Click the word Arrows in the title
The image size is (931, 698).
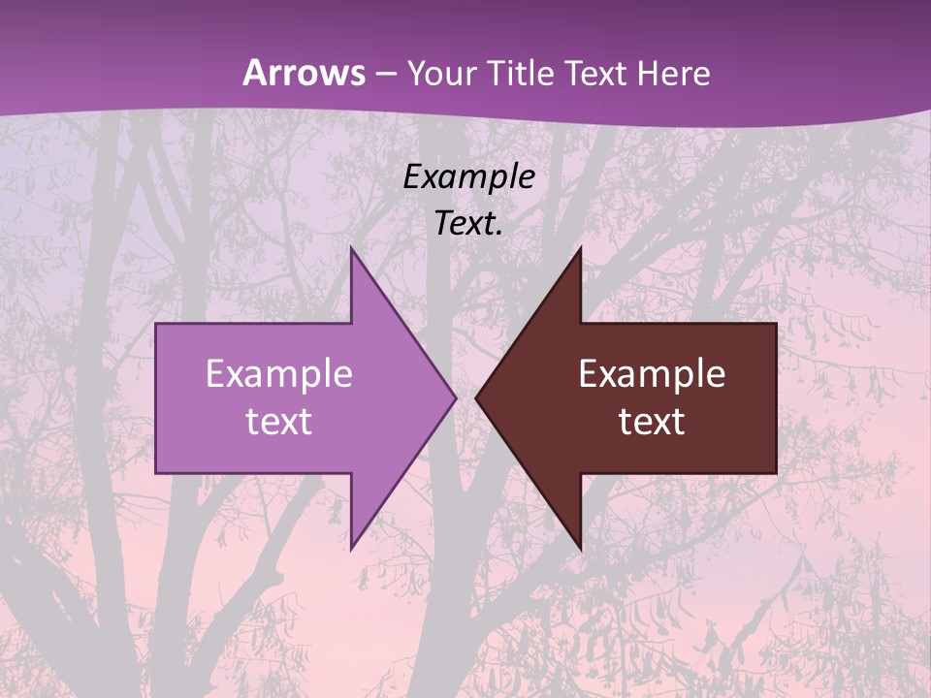304,73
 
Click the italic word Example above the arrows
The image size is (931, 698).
469,177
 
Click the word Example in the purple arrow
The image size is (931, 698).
279,374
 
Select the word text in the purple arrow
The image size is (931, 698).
279,422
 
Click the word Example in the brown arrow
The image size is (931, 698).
652,374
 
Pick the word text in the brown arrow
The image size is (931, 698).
652,422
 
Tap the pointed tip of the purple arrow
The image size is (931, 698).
454,397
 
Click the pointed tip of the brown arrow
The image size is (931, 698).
477,397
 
